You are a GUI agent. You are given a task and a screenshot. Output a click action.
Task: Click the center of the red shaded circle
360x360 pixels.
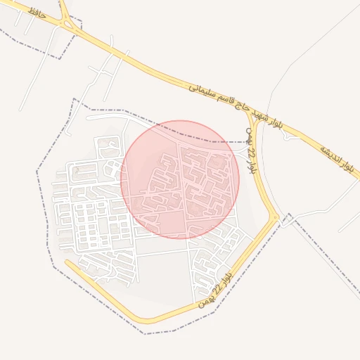coord(180,179)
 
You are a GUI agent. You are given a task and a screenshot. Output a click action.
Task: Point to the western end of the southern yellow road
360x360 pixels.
coord(67,263)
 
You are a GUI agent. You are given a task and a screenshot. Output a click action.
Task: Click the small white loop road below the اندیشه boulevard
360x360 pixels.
coord(288,136)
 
